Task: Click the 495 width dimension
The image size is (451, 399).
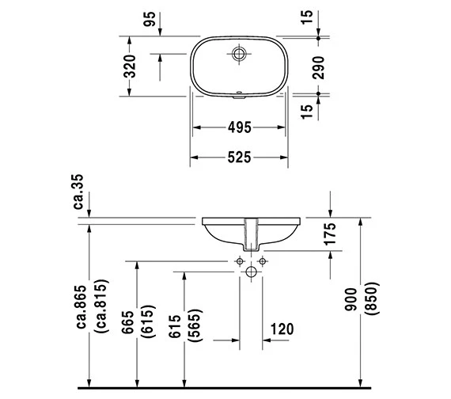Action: click(x=239, y=127)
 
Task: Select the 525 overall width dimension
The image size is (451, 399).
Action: click(x=239, y=158)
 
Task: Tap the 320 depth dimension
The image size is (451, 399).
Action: click(x=130, y=66)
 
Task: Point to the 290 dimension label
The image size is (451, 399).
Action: click(x=318, y=68)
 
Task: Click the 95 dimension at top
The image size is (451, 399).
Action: click(x=150, y=19)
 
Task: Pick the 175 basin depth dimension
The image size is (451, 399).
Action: click(x=330, y=234)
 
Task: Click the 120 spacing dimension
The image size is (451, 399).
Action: click(x=282, y=329)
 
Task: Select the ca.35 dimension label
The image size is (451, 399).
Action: click(x=78, y=192)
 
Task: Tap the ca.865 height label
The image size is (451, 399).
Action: click(x=81, y=306)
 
